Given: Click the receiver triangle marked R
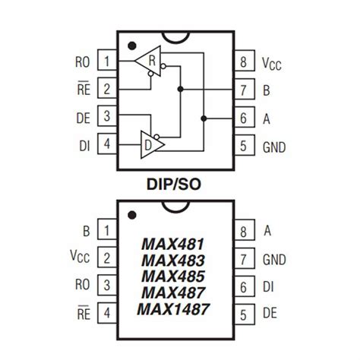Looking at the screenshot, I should (x=147, y=60).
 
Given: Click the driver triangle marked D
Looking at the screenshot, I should (x=147, y=142).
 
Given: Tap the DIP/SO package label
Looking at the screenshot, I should (x=180, y=185).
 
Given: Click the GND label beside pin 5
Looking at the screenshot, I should (x=274, y=147).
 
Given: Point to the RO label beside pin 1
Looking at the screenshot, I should (x=84, y=61).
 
